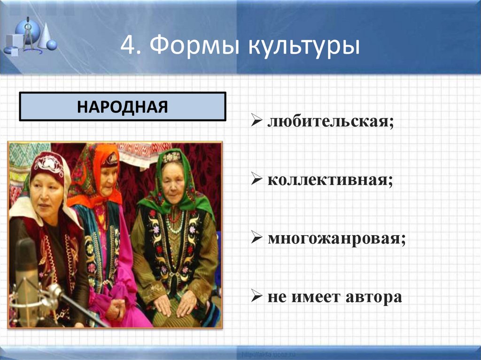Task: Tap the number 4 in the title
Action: pyautogui.click(x=128, y=47)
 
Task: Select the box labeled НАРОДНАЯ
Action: pyautogui.click(x=122, y=107)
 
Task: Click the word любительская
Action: pyautogui.click(x=330, y=123)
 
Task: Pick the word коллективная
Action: pyautogui.click(x=330, y=181)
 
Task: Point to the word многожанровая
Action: pyautogui.click(x=336, y=239)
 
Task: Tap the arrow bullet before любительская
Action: pyautogui.click(x=257, y=123)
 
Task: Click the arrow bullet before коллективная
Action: pyautogui.click(x=257, y=181)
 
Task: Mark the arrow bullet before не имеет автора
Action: pyautogui.click(x=257, y=297)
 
